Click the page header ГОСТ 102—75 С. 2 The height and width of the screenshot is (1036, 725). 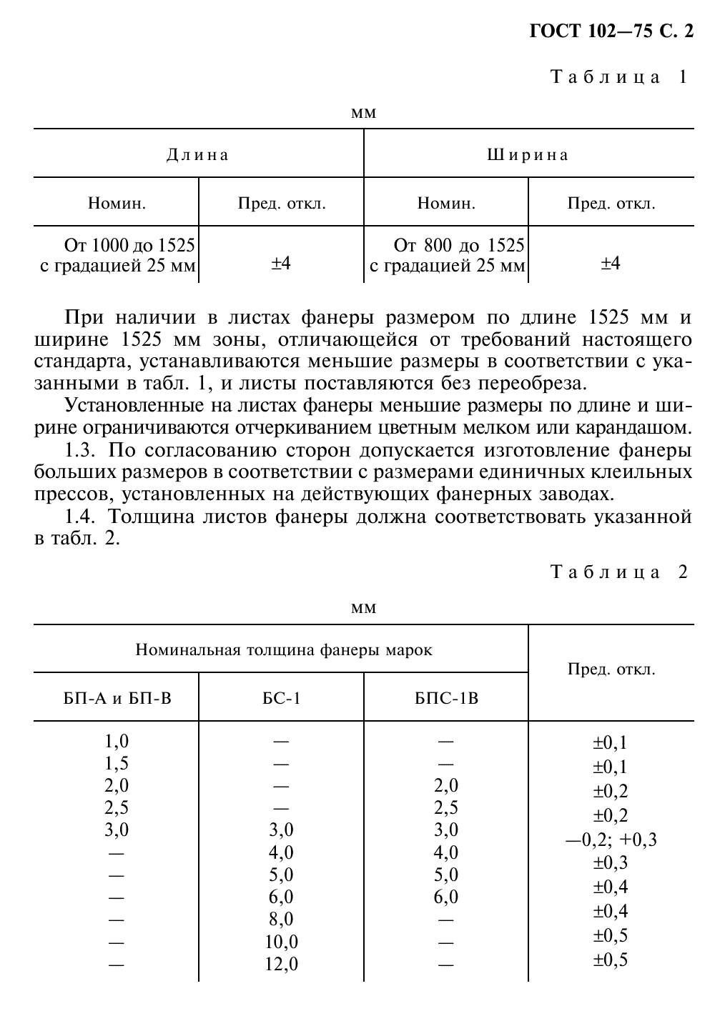click(x=611, y=31)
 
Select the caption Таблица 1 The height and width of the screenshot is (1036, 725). click(x=619, y=77)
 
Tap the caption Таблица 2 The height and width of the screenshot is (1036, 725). click(x=619, y=572)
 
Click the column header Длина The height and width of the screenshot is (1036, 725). click(x=198, y=155)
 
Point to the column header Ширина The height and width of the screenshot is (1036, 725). click(x=528, y=155)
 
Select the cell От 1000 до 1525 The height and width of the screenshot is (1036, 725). click(x=129, y=246)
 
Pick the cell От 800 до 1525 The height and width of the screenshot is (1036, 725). click(x=459, y=246)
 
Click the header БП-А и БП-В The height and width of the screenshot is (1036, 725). click(x=117, y=697)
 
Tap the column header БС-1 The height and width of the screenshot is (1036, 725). click(x=281, y=697)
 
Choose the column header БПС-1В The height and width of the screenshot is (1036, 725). click(x=446, y=697)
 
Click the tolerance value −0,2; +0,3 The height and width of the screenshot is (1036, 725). click(x=611, y=840)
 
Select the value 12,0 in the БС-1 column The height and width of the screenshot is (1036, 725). click(x=281, y=965)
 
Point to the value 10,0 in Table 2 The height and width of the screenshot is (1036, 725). click(x=281, y=942)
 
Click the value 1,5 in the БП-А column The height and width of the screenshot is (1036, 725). click(x=117, y=764)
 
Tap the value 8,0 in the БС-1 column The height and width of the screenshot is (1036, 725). click(x=281, y=920)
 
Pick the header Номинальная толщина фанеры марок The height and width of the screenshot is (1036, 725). click(x=284, y=650)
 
